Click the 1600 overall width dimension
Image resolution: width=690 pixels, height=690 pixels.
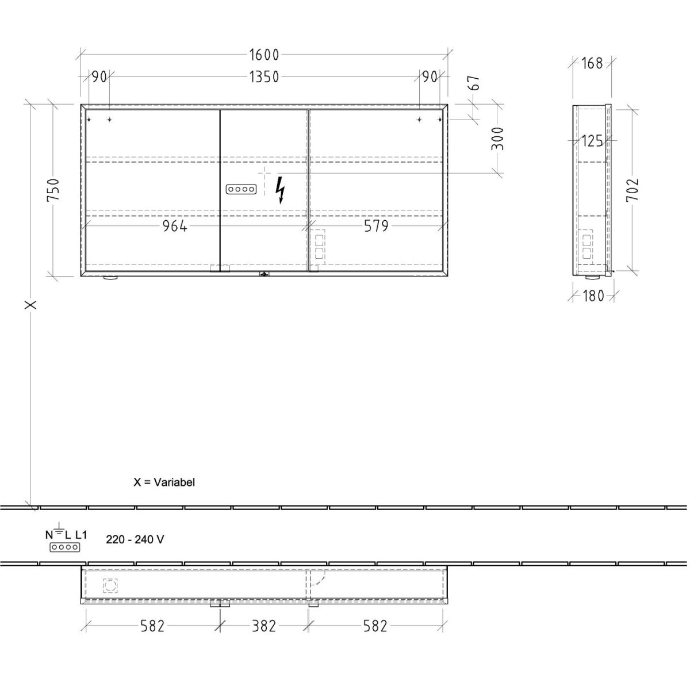264,55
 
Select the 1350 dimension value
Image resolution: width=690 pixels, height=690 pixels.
264,77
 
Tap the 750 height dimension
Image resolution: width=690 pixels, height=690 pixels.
53,190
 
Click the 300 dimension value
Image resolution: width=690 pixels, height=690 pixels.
497,139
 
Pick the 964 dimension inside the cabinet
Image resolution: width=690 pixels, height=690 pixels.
175,227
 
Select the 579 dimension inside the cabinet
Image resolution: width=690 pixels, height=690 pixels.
376,227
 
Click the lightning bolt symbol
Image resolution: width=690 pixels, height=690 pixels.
280,190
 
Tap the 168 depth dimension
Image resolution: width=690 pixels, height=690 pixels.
592,64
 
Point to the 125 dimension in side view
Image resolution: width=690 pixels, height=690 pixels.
592,141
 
